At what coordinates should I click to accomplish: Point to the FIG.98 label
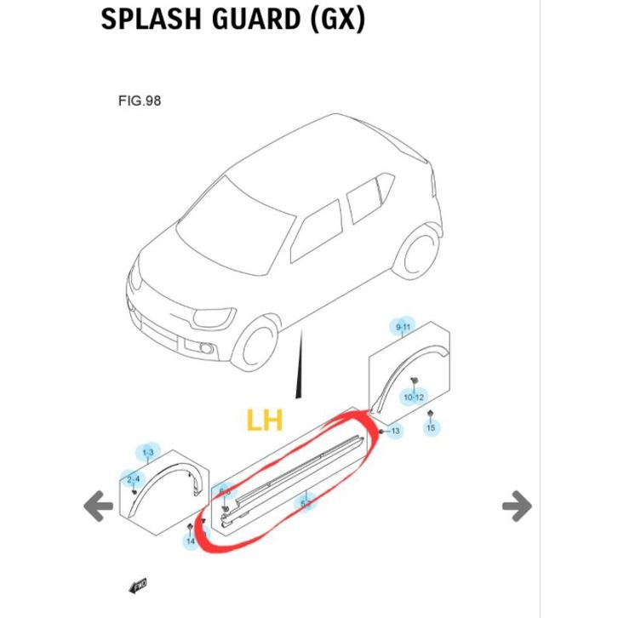click(x=140, y=100)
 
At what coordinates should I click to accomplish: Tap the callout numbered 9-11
click(x=403, y=327)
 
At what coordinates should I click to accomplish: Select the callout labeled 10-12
click(x=414, y=397)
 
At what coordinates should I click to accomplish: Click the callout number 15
click(x=431, y=427)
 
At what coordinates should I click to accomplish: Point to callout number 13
click(x=395, y=432)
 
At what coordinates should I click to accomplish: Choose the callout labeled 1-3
click(x=148, y=451)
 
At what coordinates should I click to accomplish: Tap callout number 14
click(x=190, y=541)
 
